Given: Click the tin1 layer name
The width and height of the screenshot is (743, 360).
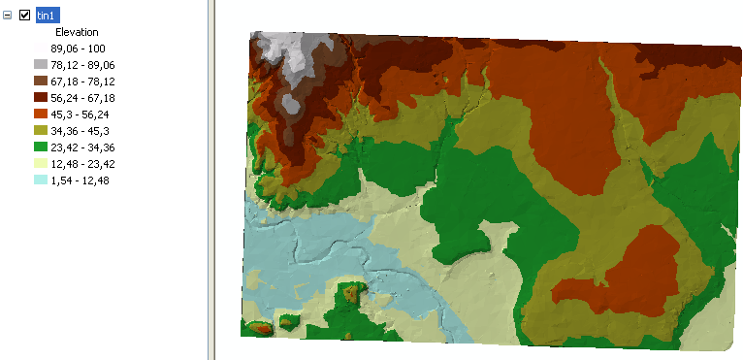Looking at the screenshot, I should (46, 15).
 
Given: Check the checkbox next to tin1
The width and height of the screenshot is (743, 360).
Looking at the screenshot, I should (25, 15).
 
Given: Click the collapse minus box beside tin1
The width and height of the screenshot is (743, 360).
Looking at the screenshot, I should (8, 15).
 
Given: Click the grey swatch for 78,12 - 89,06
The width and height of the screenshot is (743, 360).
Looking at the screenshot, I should (39, 64).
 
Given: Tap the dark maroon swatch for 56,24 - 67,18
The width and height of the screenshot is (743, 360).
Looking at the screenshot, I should (39, 97).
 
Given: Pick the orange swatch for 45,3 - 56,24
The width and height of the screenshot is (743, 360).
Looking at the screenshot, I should (39, 114).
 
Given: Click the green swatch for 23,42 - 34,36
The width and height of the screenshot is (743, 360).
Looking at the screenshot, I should (39, 147).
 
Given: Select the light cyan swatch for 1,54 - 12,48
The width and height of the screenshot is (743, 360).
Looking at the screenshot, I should (39, 180).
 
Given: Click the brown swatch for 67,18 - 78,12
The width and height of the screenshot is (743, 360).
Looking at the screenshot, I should (39, 81).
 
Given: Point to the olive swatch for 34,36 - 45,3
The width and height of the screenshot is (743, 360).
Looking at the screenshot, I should (39, 130).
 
